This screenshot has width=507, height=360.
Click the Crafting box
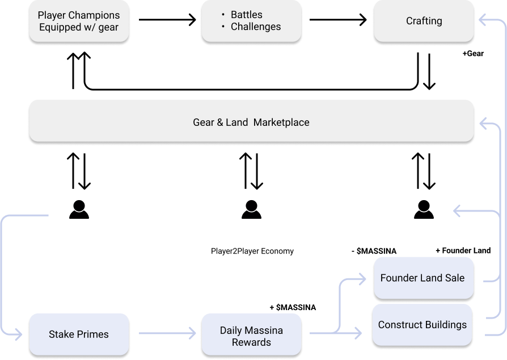(x=424, y=21)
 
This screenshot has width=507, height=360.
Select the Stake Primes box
(x=78, y=334)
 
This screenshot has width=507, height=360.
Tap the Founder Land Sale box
(x=422, y=278)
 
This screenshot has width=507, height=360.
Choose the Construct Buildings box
(x=422, y=325)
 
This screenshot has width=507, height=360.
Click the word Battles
(x=247, y=15)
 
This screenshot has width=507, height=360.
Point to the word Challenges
(x=256, y=26)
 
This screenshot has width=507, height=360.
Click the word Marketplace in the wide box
(x=281, y=122)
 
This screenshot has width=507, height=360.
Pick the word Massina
(x=264, y=330)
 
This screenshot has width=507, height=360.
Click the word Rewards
(x=251, y=342)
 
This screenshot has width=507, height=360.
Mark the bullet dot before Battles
(x=223, y=15)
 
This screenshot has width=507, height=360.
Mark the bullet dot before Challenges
(x=223, y=26)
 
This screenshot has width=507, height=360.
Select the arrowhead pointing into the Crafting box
(x=481, y=21)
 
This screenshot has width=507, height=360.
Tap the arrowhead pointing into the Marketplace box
(x=481, y=122)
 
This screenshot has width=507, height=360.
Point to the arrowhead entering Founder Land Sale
(x=364, y=278)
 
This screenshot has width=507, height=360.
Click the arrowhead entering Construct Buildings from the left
(x=358, y=334)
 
